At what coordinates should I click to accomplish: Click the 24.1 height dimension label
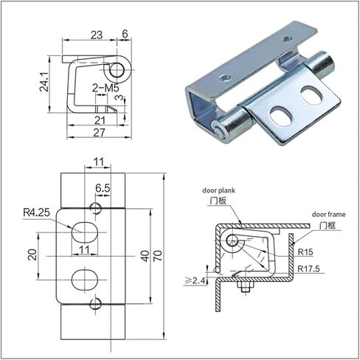point(44,82)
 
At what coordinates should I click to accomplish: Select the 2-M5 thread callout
point(105,88)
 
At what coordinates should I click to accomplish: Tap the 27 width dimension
point(100,133)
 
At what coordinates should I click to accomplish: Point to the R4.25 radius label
point(36,212)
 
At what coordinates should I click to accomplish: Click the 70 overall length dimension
point(158,256)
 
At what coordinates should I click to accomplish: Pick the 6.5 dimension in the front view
point(103,188)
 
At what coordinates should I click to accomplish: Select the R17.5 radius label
point(308,269)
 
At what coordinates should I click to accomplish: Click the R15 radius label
point(305,252)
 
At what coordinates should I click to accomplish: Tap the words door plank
point(218,190)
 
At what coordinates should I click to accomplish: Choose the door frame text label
point(328,215)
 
